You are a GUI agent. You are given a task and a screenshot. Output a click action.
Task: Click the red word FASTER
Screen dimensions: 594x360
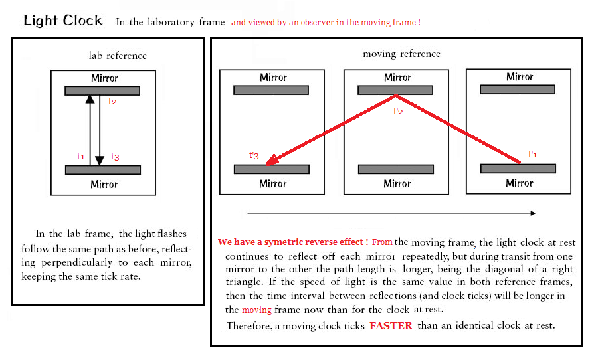click(x=391, y=326)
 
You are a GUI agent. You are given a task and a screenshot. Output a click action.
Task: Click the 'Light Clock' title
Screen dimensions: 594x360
click(x=63, y=21)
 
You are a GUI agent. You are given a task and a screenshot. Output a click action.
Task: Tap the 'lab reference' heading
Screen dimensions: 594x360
click(x=118, y=56)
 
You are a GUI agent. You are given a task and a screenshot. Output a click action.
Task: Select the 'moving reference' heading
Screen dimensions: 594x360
click(x=401, y=54)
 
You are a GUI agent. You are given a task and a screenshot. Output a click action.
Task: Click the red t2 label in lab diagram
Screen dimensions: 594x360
click(x=112, y=102)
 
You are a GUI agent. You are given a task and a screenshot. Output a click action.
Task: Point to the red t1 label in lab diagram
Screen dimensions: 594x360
click(x=80, y=156)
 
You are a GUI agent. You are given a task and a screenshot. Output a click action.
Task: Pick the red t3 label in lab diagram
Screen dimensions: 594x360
click(x=115, y=157)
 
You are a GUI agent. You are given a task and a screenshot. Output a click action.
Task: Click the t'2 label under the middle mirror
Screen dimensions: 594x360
click(x=398, y=112)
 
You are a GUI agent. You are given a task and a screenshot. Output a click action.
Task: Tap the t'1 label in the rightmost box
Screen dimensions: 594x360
click(x=532, y=155)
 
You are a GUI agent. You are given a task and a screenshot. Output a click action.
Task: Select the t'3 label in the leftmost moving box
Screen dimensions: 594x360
click(x=254, y=155)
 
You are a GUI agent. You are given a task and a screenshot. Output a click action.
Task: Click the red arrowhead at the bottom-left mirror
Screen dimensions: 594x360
click(x=272, y=160)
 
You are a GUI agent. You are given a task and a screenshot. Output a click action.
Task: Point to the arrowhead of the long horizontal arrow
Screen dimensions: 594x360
click(x=533, y=213)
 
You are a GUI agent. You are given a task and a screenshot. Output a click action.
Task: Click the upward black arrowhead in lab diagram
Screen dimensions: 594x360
click(x=90, y=99)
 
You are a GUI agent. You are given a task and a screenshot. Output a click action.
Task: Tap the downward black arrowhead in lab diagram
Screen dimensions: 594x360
click(x=100, y=161)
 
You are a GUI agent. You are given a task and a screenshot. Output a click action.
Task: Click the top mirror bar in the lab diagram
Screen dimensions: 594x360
click(x=102, y=91)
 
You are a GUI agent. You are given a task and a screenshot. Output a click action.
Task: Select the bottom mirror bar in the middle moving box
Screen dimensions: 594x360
click(x=396, y=169)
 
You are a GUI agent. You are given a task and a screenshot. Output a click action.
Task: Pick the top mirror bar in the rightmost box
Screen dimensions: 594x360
click(x=518, y=90)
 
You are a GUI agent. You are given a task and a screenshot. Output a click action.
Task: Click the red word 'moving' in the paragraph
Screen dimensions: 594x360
click(x=257, y=310)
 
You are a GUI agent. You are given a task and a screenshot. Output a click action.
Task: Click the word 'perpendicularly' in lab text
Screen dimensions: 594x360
click(x=77, y=263)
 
